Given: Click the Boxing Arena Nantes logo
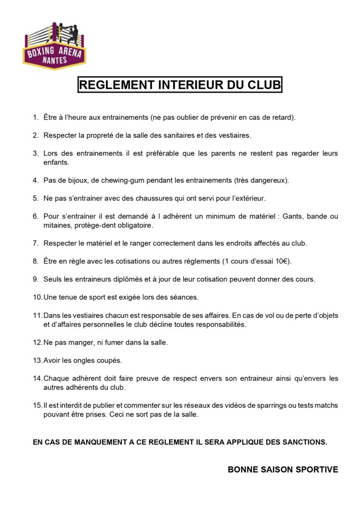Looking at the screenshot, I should pos(54,45).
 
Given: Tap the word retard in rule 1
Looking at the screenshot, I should pos(283,117).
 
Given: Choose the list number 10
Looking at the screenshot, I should pos(37,297).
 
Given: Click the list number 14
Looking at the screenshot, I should pos(37,378).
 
